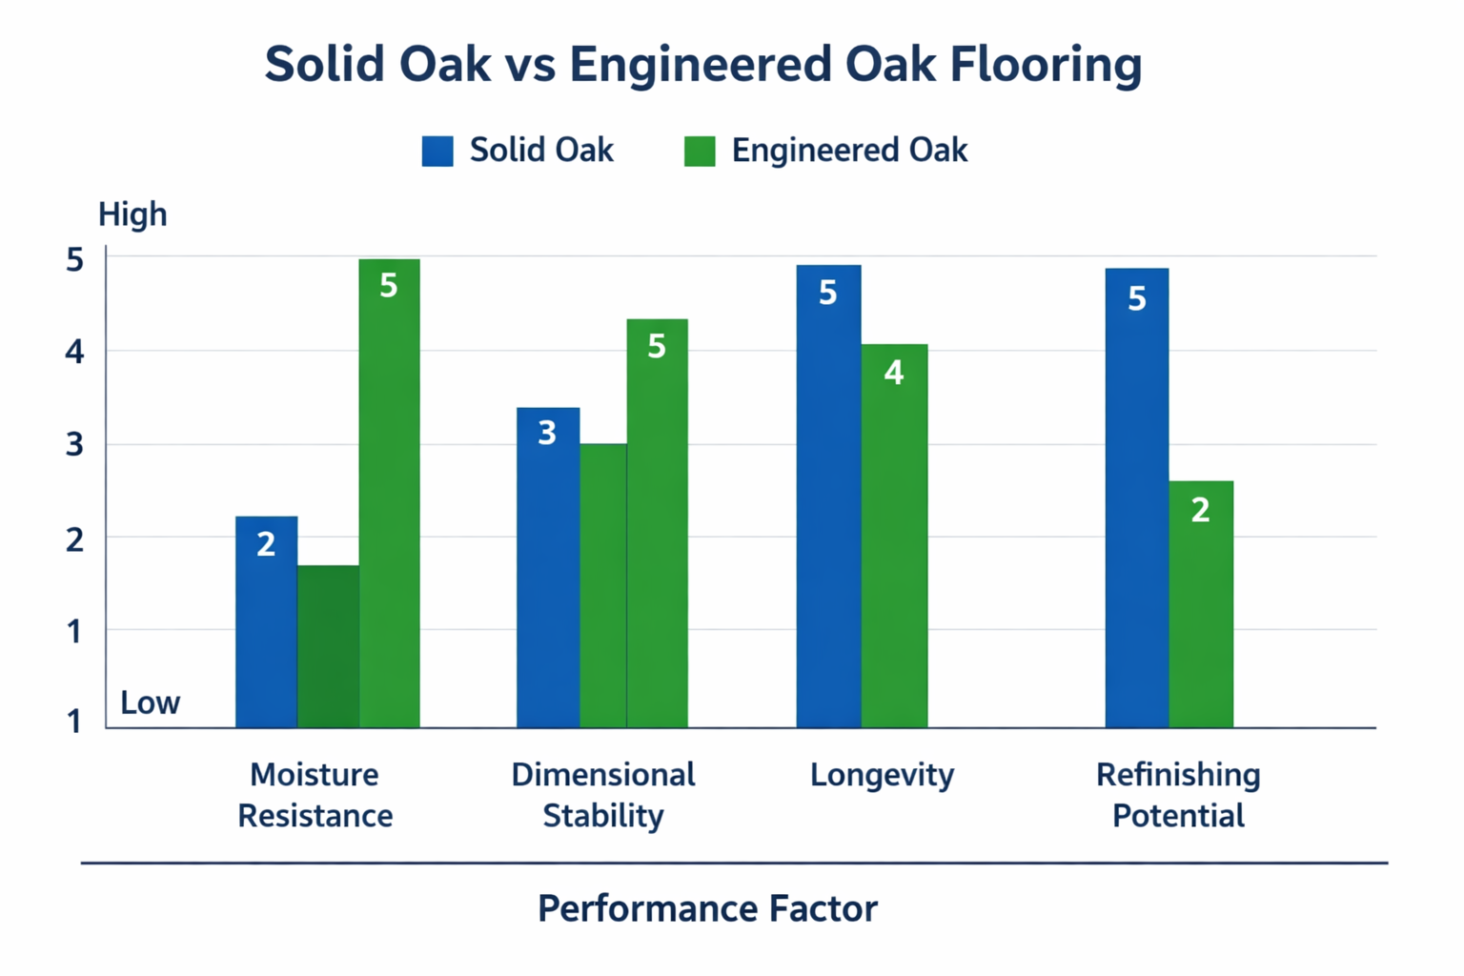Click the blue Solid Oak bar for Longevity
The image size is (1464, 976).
pyautogui.click(x=828, y=496)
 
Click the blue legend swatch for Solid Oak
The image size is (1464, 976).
pyautogui.click(x=437, y=151)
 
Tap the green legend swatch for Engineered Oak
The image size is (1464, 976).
pyautogui.click(x=700, y=151)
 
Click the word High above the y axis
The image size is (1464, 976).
pyautogui.click(x=132, y=214)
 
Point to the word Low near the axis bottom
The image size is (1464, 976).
pyautogui.click(x=150, y=702)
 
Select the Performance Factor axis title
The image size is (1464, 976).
pyautogui.click(x=707, y=908)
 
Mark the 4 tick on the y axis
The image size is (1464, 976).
pyautogui.click(x=74, y=352)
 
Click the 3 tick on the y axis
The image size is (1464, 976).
pyautogui.click(x=74, y=444)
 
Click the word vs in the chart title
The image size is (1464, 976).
pyautogui.click(x=530, y=65)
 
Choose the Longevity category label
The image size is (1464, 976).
pyautogui.click(x=882, y=775)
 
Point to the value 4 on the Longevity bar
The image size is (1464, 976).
pyautogui.click(x=893, y=372)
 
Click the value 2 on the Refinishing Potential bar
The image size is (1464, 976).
pyautogui.click(x=1201, y=510)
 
